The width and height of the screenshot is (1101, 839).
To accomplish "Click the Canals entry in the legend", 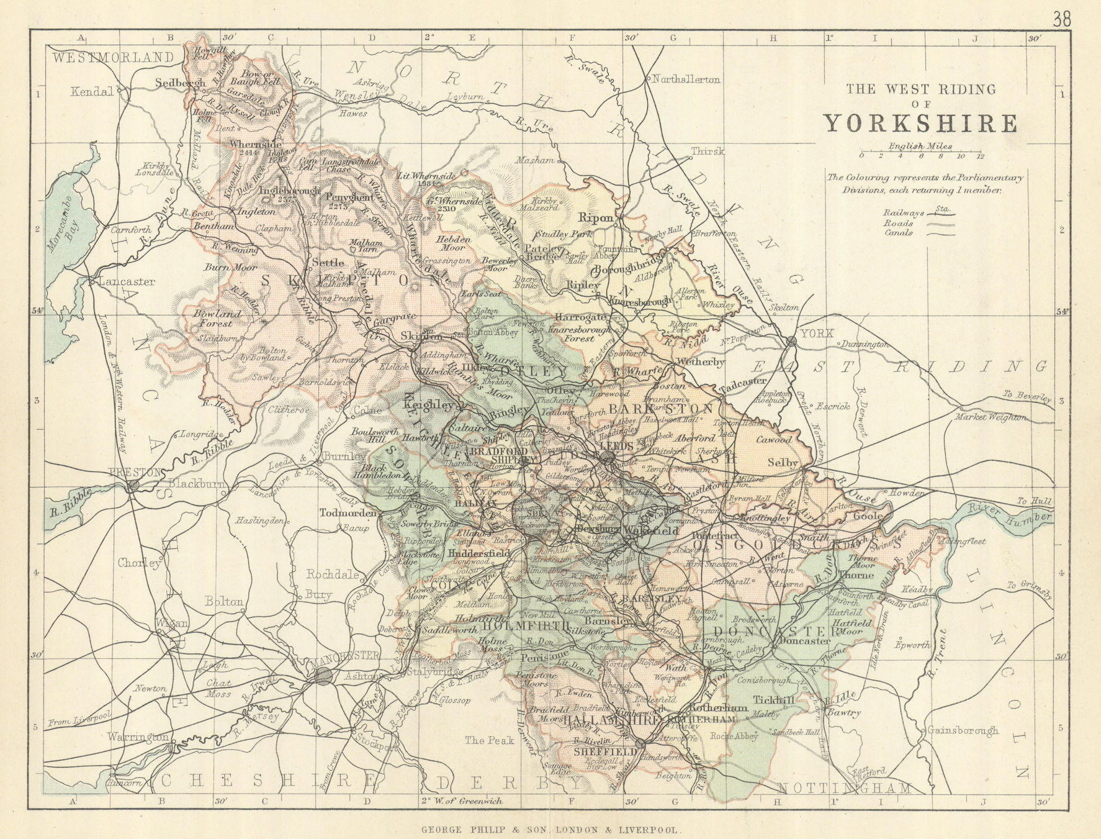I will (x=899, y=233).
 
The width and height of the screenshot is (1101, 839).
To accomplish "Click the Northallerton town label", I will (x=685, y=79).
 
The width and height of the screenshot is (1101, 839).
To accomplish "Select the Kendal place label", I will (x=92, y=92).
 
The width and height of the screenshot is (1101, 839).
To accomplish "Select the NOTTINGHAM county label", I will (x=845, y=788).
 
